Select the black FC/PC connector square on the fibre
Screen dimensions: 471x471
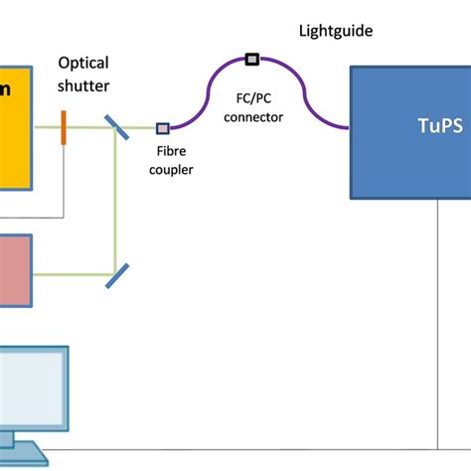tap(251, 60)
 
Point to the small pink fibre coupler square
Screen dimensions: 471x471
tap(163, 127)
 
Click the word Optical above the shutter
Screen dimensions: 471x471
tap(83, 63)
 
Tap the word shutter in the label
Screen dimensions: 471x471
tap(83, 85)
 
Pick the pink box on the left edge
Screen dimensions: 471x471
tap(15, 268)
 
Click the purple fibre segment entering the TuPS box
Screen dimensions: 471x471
tap(338, 125)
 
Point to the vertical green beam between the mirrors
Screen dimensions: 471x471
tap(118, 199)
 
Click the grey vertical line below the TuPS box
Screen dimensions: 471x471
tap(437, 318)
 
